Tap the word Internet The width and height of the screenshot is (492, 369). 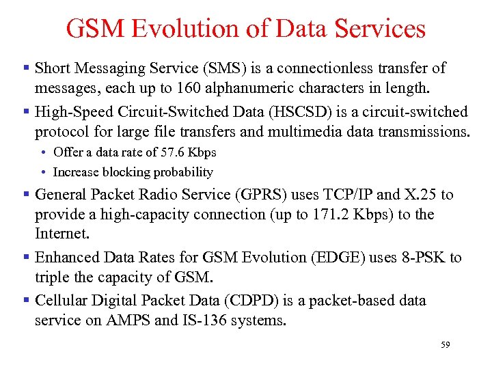click(61, 234)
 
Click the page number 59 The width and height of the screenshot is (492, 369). click(445, 346)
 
